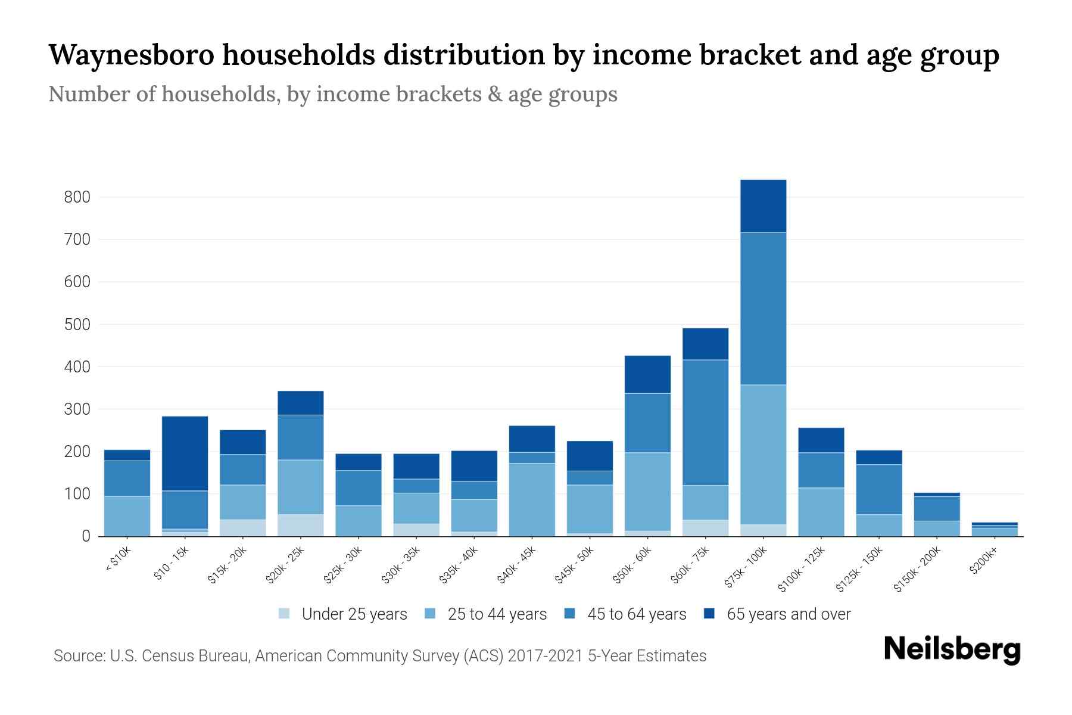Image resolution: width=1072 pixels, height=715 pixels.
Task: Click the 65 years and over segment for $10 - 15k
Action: (x=185, y=453)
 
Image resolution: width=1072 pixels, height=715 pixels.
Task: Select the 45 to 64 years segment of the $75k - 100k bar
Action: (x=763, y=309)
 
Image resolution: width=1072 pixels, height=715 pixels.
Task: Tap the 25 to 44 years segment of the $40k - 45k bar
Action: (x=532, y=499)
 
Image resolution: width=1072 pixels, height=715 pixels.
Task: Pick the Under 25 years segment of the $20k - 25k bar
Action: (x=300, y=525)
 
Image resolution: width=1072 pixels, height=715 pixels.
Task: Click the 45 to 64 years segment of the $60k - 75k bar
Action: (x=705, y=422)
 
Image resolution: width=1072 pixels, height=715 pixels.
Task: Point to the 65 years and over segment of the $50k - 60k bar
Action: (x=647, y=374)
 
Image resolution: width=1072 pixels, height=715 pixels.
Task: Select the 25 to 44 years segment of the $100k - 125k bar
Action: (x=821, y=512)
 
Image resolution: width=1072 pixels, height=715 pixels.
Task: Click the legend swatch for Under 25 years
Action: (x=285, y=613)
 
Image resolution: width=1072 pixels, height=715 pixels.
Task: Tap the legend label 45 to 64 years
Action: (x=637, y=614)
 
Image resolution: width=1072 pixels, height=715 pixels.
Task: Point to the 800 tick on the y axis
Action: (x=77, y=197)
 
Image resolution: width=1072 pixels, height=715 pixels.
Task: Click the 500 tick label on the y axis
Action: (x=77, y=325)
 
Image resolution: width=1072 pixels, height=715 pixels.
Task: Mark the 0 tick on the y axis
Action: (x=86, y=536)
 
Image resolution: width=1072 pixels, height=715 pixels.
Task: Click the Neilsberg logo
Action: (x=952, y=649)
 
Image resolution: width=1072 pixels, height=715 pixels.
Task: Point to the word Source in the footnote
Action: (x=78, y=656)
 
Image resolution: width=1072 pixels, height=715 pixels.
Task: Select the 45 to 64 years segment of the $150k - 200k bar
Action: (x=936, y=508)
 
